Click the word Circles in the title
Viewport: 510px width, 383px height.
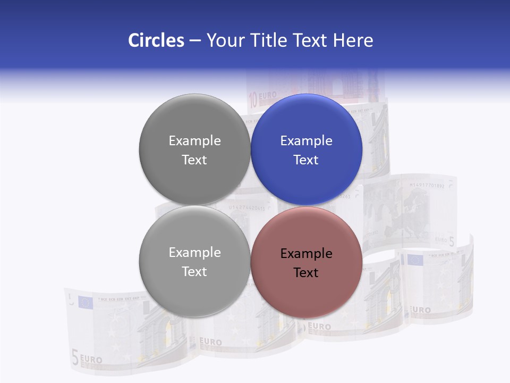click(156, 40)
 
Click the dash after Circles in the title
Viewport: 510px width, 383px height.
click(195, 41)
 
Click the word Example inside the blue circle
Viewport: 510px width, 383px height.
click(307, 141)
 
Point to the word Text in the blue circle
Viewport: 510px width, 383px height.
click(306, 160)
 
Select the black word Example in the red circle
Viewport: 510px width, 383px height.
click(307, 254)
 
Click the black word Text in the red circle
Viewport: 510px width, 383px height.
click(306, 273)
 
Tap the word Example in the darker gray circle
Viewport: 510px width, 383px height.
click(194, 141)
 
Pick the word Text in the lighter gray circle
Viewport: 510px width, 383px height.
click(194, 272)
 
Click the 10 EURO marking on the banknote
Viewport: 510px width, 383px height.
click(262, 97)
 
